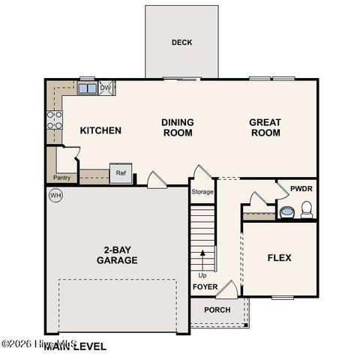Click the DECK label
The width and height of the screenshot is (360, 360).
pos(181,43)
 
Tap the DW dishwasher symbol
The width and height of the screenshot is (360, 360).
pos(106,88)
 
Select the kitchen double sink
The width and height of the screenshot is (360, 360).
pos(86,88)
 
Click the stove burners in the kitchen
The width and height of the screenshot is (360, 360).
pos(54,120)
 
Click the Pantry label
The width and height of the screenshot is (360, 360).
pos(61,178)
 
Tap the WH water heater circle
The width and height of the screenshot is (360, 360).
pos(55,196)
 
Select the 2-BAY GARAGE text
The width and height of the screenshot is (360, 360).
pos(116,255)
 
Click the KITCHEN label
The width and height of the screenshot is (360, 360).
pos(100,130)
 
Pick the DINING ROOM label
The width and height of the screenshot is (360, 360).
pos(178,127)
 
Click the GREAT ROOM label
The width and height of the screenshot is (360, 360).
pos(265,127)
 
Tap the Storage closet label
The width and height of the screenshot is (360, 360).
pos(202,192)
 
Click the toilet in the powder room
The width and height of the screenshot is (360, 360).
pos(306,209)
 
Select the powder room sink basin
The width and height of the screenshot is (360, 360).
pos(287,213)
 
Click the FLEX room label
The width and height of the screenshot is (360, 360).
pos(279,258)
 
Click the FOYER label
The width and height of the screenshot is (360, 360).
pos(205,287)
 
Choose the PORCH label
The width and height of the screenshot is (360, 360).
pos(217,310)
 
